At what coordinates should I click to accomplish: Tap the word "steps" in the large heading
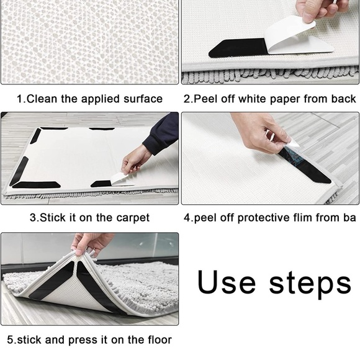310,284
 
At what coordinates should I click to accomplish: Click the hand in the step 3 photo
136,161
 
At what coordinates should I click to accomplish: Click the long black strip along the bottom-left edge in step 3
36,185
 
